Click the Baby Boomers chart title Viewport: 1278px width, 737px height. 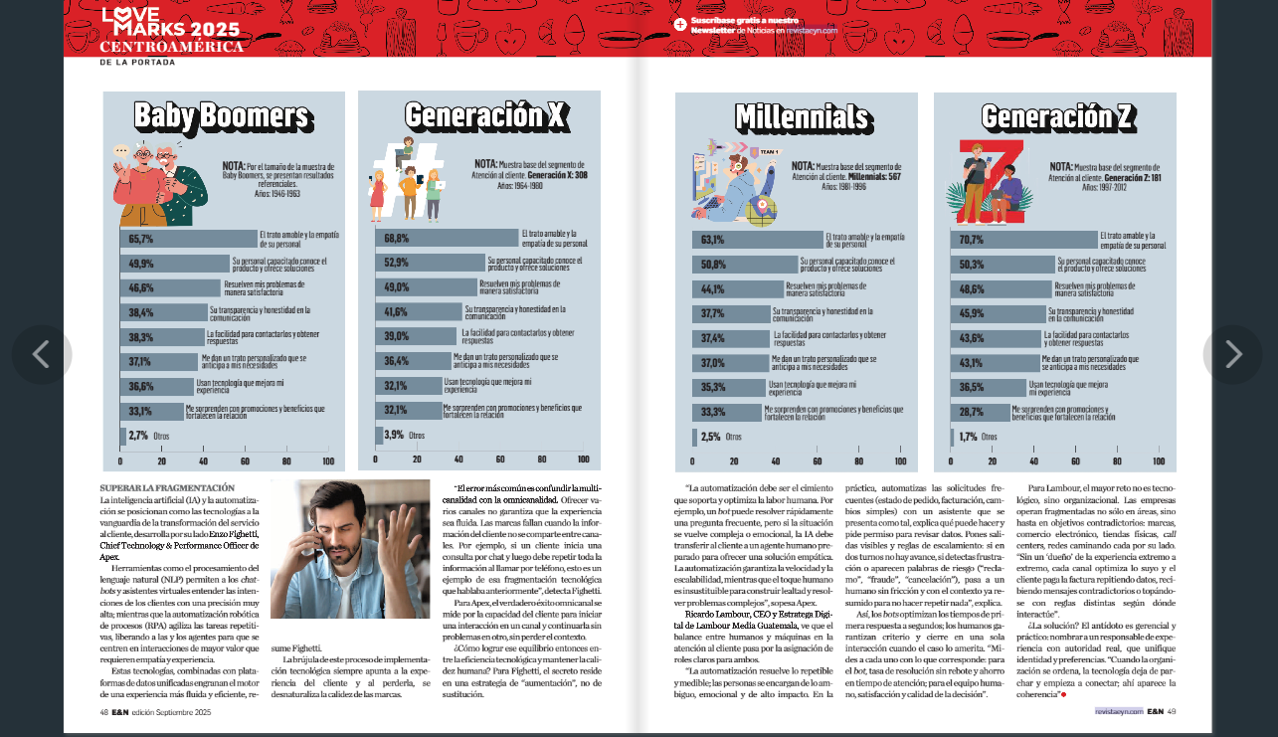click(222, 116)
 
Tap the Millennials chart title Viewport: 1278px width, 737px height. click(802, 117)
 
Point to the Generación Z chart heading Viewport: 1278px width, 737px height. click(1057, 117)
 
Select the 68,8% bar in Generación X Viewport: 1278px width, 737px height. click(447, 239)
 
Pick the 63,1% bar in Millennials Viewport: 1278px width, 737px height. click(758, 240)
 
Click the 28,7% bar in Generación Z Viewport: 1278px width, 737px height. click(980, 411)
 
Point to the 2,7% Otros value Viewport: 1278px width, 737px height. click(138, 436)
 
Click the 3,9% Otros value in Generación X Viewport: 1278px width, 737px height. click(394, 435)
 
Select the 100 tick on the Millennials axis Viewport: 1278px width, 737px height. click(899, 461)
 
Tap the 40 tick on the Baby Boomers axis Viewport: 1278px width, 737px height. click(204, 461)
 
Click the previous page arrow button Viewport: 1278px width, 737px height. click(42, 355)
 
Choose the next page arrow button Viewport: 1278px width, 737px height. click(1232, 355)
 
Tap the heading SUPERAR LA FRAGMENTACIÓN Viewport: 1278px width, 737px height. click(167, 487)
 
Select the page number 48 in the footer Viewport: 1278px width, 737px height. click(103, 712)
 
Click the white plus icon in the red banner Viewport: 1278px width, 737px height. click(680, 25)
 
